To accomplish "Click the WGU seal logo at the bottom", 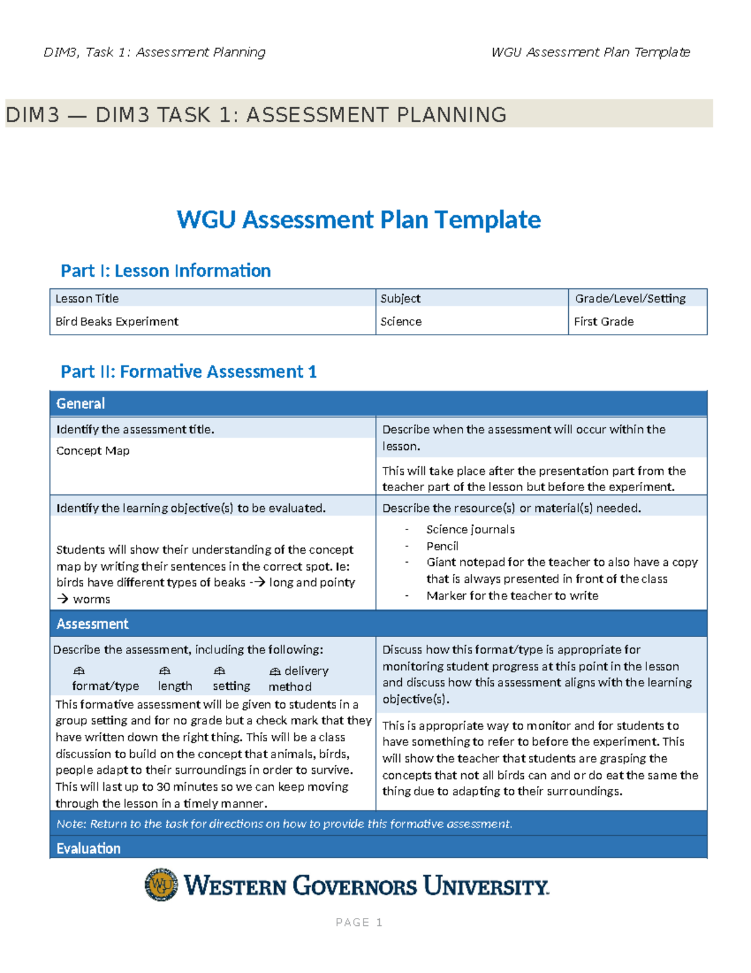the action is click(x=161, y=885).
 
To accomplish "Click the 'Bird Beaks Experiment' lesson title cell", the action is click(x=117, y=321).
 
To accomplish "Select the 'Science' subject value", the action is click(x=401, y=321).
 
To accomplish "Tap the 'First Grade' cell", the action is click(x=604, y=321).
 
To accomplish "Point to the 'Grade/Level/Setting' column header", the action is click(x=630, y=298).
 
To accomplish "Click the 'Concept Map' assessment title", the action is click(x=93, y=450).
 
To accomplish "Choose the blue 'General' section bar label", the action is click(x=81, y=403).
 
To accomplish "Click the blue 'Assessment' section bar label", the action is click(x=93, y=624).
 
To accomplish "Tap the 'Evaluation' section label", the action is click(x=88, y=848).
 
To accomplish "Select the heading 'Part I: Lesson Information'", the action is click(x=166, y=271).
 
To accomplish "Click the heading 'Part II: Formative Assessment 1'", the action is click(x=188, y=372).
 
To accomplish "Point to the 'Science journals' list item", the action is click(x=471, y=529).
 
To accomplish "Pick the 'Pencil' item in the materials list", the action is click(x=442, y=546).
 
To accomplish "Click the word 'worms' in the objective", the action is click(x=91, y=600).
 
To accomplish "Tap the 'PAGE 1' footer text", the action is click(x=359, y=922).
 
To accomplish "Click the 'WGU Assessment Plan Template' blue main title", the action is click(x=359, y=220).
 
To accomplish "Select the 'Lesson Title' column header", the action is click(x=87, y=298).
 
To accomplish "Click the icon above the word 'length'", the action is click(x=165, y=671).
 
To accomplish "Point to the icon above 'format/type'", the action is click(x=79, y=671).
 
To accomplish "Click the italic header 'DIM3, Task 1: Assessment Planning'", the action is click(x=155, y=52).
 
